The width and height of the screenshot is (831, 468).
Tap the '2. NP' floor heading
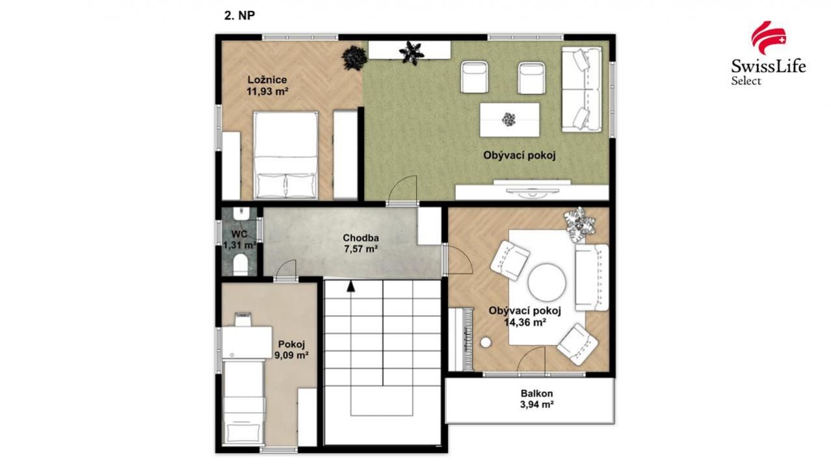(239, 16)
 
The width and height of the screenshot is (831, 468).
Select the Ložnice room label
(267, 80)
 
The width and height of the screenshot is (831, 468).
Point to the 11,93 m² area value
(267, 91)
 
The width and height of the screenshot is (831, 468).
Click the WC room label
(239, 234)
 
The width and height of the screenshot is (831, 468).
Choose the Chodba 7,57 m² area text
(361, 249)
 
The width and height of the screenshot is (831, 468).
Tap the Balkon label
(536, 393)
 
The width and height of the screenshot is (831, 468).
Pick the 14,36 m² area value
(525, 322)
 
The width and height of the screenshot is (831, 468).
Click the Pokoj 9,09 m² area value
(291, 355)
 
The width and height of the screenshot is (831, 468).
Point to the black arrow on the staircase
(350, 286)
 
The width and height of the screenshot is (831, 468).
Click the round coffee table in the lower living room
(547, 282)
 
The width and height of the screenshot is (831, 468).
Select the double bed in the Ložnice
(285, 156)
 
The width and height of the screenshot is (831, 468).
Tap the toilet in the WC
(241, 264)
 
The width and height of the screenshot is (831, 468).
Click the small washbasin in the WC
(241, 213)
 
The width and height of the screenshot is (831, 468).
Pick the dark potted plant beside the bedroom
(354, 57)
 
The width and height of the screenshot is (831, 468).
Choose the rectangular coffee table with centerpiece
(509, 120)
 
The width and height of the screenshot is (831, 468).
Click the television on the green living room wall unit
(532, 190)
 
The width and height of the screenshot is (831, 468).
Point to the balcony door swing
(532, 359)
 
